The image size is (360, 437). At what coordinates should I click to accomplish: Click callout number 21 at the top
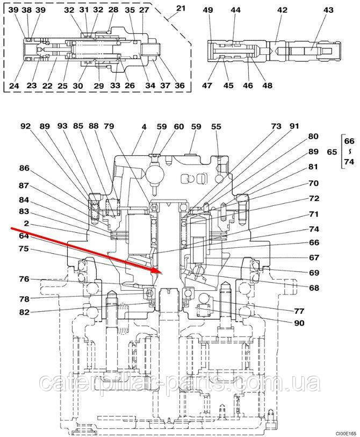(181, 8)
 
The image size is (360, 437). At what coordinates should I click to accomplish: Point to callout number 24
(14, 85)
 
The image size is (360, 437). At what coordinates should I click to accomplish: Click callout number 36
(179, 85)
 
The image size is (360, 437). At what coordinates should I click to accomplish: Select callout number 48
(267, 85)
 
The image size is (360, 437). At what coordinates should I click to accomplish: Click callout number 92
(26, 126)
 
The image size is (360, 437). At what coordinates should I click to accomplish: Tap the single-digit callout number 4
(144, 126)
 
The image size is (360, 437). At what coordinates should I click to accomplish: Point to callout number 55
(216, 126)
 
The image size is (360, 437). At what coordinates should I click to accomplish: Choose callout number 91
(294, 126)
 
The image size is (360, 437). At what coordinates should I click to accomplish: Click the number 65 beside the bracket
(332, 152)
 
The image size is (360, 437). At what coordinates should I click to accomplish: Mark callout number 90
(299, 323)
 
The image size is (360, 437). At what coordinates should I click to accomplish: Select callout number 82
(25, 312)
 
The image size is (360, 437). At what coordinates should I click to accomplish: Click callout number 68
(314, 288)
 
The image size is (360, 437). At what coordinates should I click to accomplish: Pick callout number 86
(25, 168)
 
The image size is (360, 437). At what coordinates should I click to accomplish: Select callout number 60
(179, 126)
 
